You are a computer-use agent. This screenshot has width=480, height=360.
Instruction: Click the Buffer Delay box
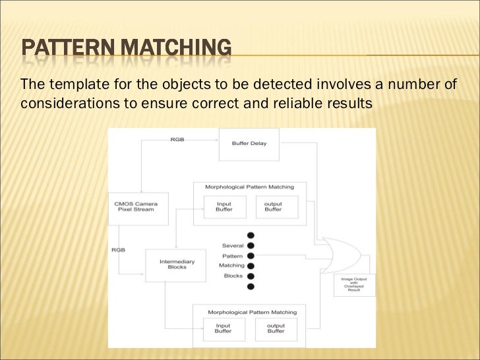coord(249,144)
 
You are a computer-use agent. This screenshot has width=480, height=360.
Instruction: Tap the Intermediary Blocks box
coord(177,265)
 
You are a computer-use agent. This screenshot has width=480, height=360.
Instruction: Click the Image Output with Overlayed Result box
coord(354,284)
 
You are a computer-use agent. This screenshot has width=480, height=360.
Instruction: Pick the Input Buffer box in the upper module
coord(224,207)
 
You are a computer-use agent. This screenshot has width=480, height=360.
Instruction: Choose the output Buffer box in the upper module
coord(273,207)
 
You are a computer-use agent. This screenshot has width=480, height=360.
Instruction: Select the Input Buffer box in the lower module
coord(224,328)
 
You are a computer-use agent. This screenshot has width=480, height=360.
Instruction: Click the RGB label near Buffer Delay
coord(177,140)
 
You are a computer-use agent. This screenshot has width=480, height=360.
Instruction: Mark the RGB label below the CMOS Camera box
coord(118,250)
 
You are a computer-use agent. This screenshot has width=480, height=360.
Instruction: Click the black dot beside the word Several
coord(251,245)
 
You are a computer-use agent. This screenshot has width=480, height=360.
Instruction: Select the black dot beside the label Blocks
coord(251,276)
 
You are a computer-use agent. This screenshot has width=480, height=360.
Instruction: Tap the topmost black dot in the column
coord(251,235)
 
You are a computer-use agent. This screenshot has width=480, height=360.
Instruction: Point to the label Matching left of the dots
coord(231,266)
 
